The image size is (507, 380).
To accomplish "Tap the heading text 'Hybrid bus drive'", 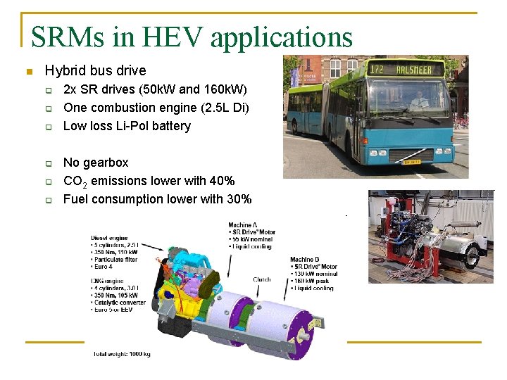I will pos(95,70).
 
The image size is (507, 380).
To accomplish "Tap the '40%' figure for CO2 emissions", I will pos(222,181).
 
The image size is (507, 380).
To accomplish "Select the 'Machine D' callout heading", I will pos(308,260).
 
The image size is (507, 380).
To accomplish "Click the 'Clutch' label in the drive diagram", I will pos(262,279).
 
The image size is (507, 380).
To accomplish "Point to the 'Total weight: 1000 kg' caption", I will pos(122,353).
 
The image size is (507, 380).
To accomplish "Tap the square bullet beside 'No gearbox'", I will pos(49,163).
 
